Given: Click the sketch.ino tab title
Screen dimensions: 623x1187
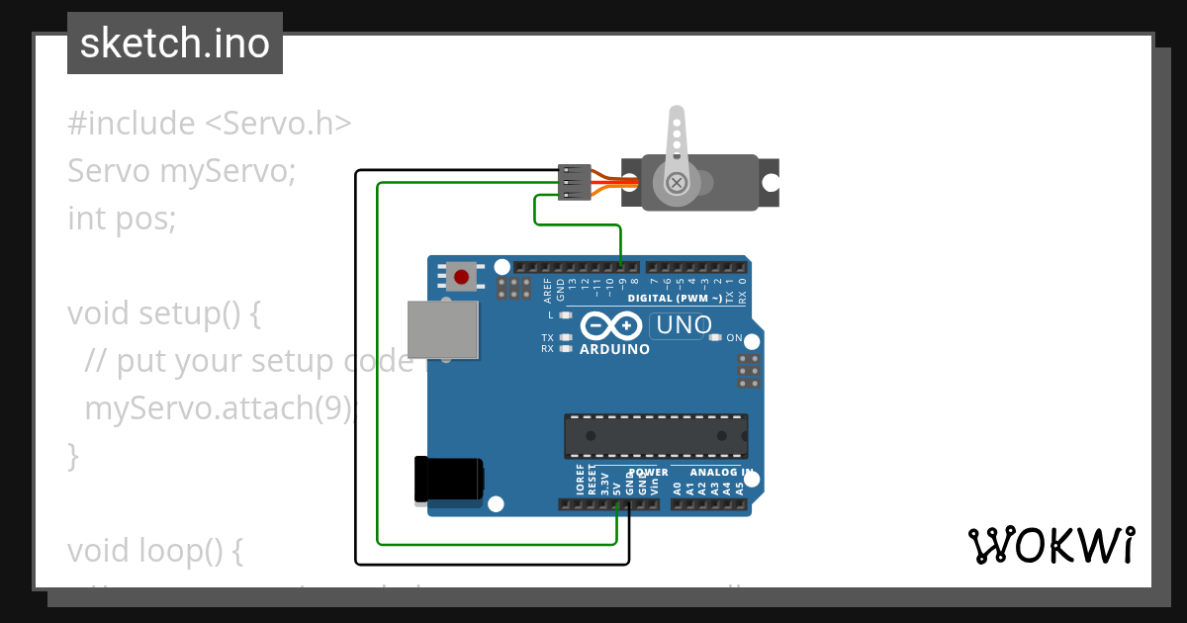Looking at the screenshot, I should [x=175, y=44].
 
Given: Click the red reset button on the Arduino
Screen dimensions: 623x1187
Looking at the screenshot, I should [x=461, y=275].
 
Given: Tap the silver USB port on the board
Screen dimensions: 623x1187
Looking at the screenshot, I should [x=443, y=328].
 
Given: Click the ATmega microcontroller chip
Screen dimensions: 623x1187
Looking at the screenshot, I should [x=655, y=436].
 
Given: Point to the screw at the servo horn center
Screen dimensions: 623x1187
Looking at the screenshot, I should [x=677, y=183].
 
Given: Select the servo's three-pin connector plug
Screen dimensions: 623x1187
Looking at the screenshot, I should [x=575, y=182].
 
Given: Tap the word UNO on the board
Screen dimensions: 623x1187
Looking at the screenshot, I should [x=684, y=325].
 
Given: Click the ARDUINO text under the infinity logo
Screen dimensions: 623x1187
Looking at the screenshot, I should [x=614, y=349].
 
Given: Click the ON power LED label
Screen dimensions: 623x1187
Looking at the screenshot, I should [x=734, y=338].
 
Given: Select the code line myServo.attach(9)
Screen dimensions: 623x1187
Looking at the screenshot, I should [x=218, y=407].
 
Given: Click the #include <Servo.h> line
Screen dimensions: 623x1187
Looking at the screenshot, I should [x=210, y=124].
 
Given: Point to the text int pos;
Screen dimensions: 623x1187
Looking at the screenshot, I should [x=122, y=218].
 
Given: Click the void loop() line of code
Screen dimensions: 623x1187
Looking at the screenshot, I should [x=154, y=550].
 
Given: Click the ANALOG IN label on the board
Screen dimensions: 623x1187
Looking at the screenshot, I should [x=720, y=473].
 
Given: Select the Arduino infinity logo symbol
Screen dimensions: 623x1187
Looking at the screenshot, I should [x=612, y=325].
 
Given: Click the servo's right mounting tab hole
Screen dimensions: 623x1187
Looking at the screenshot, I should [x=769, y=183].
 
